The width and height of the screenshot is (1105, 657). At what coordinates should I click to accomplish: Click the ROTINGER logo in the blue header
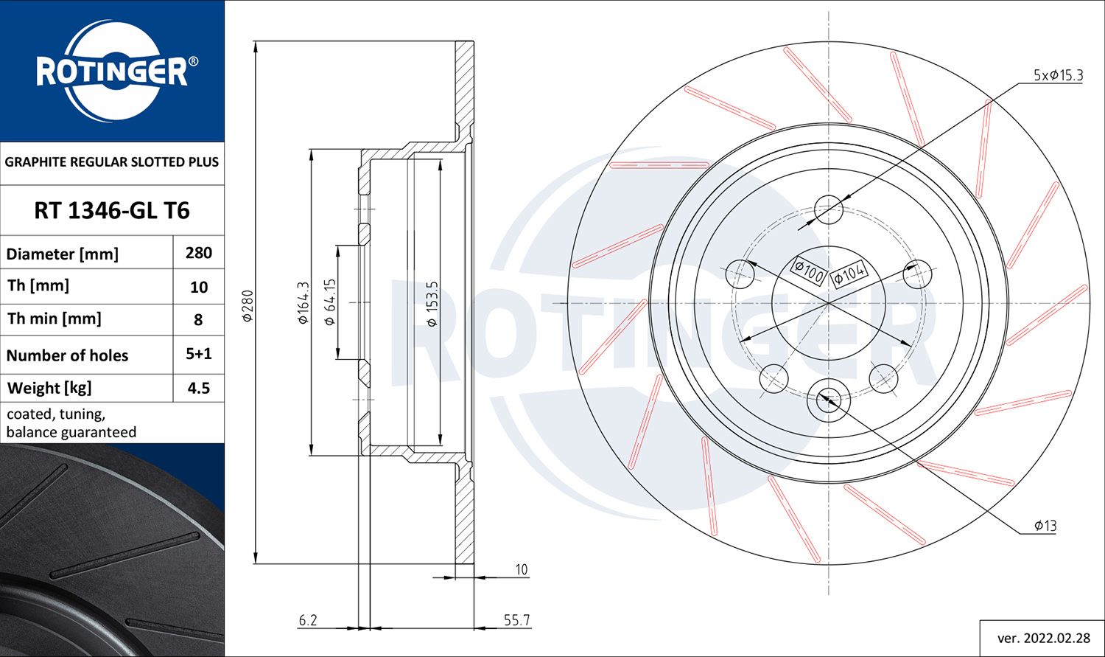tap(112, 72)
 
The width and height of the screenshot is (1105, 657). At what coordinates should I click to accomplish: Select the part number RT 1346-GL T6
tap(112, 211)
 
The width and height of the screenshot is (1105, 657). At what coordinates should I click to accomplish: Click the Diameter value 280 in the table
tap(199, 253)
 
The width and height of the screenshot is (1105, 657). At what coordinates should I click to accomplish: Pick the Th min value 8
tap(199, 319)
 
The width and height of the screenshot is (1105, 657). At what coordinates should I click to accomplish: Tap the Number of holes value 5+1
tap(199, 354)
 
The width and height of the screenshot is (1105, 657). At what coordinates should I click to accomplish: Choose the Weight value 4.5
tap(199, 388)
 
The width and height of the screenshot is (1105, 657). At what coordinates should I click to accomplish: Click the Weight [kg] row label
tap(49, 388)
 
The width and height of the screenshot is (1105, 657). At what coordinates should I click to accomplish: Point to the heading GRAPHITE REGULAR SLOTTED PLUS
tap(112, 161)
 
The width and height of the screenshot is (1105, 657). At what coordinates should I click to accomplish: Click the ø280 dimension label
tap(248, 305)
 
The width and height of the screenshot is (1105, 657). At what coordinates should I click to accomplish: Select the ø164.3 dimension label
tap(303, 303)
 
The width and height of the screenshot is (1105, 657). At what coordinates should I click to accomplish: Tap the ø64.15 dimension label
tap(330, 302)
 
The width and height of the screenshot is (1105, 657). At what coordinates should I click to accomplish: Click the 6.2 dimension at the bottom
tap(308, 620)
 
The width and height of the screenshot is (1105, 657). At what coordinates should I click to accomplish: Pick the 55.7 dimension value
tap(516, 620)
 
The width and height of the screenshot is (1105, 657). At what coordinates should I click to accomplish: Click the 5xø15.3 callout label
tap(1058, 75)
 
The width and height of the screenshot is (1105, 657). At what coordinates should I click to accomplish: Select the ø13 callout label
tap(1045, 526)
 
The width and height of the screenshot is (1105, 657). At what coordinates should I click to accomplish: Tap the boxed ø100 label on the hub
tap(809, 271)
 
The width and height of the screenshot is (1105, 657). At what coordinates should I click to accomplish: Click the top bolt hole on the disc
tap(829, 209)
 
